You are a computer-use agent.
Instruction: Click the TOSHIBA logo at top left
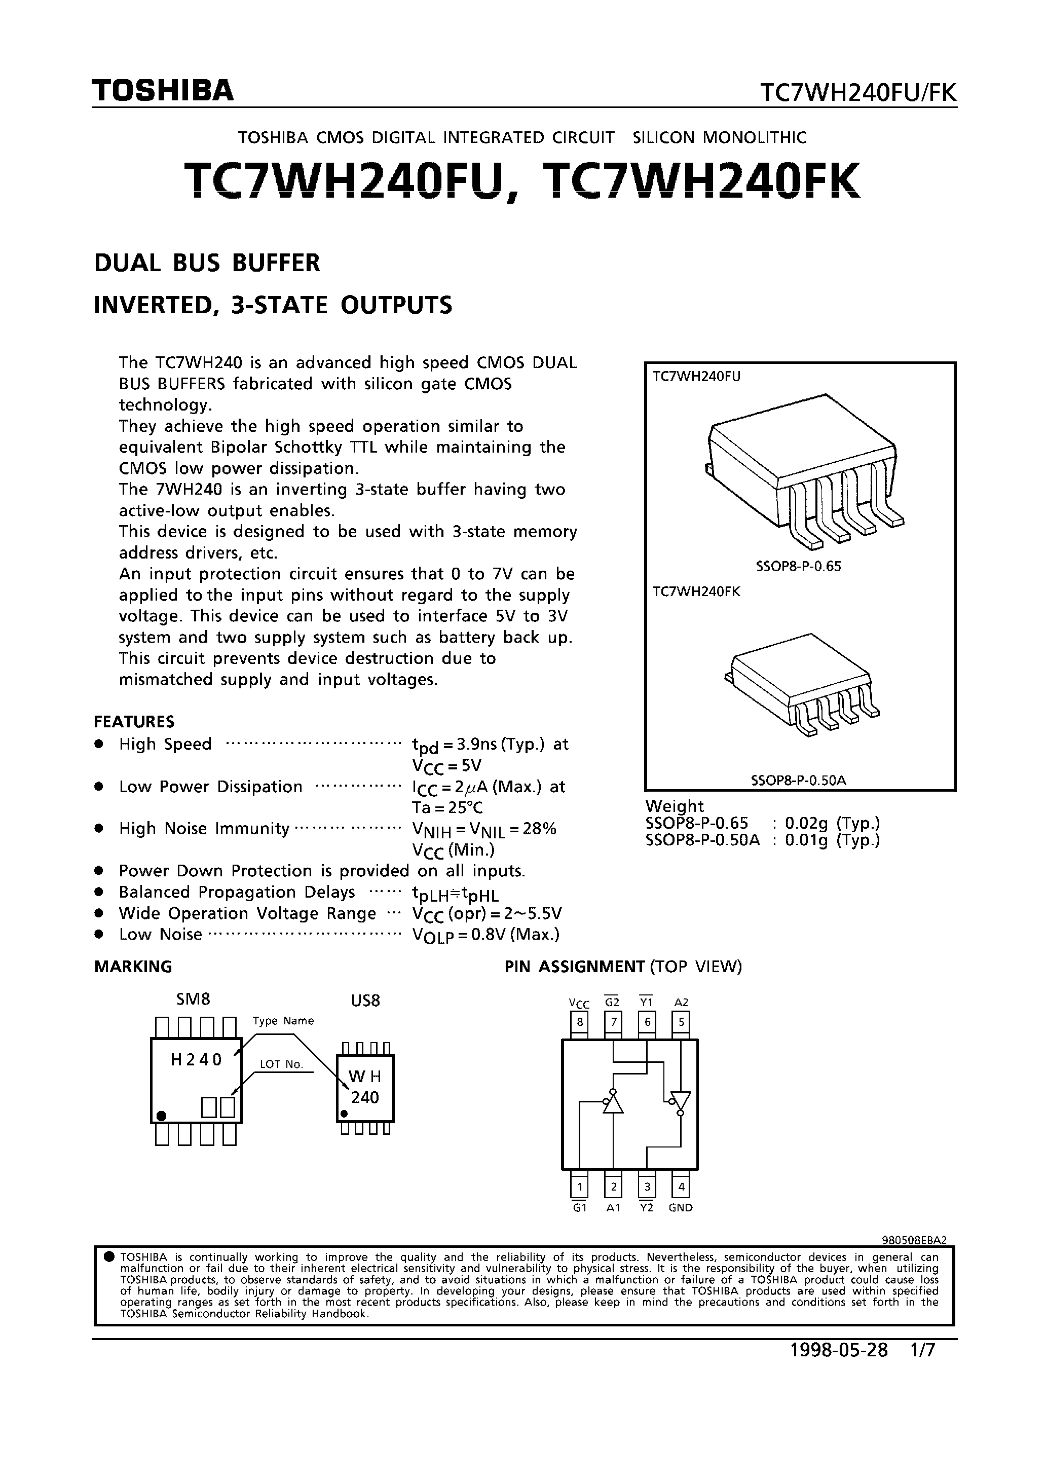[163, 91]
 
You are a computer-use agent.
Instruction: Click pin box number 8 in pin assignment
[580, 1022]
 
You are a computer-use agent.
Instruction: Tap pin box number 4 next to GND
[681, 1187]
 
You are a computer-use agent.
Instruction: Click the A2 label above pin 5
[681, 1003]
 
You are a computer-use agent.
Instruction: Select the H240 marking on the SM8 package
[196, 1059]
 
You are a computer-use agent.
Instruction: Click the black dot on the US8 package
[344, 1114]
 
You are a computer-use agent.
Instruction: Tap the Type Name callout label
[283, 1020]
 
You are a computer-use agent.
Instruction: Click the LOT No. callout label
[281, 1064]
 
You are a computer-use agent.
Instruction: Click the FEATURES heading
[134, 721]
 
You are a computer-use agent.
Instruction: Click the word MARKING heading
[133, 966]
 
